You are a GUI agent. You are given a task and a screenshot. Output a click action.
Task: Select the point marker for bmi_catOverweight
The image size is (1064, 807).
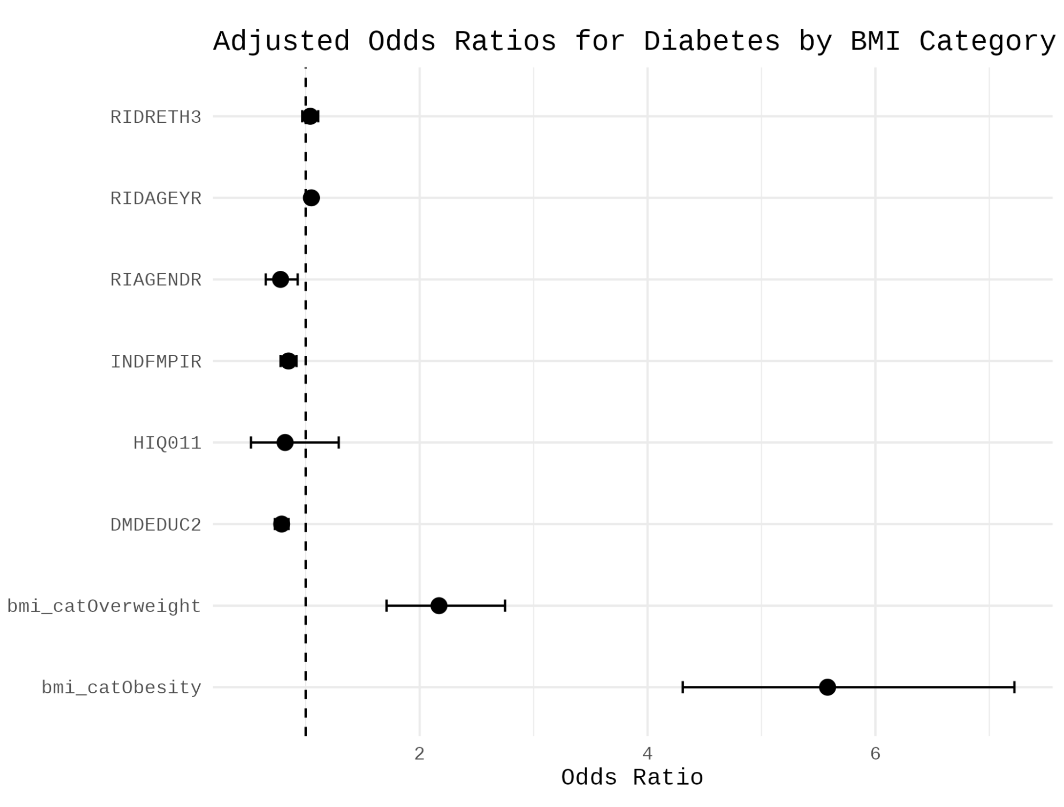(x=439, y=606)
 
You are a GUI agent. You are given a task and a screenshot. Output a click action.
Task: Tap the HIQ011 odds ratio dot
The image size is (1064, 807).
(x=285, y=442)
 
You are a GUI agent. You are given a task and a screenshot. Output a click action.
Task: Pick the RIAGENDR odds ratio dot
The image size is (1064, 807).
(x=281, y=279)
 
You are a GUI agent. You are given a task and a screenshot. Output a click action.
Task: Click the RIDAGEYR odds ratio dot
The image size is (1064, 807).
(x=311, y=197)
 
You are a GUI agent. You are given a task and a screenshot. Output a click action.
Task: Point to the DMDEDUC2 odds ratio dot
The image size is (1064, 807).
(x=282, y=524)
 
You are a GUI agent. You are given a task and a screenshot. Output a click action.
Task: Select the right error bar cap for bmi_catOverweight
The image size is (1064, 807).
(x=505, y=606)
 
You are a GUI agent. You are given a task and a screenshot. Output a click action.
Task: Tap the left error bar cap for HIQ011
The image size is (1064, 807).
(x=250, y=442)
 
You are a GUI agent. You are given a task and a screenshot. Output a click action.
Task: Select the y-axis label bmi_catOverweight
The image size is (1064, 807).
(x=104, y=606)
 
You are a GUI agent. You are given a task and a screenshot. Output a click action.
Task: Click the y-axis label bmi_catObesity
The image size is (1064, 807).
(x=121, y=688)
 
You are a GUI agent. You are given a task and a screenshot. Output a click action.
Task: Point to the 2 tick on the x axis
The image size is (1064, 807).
(x=419, y=754)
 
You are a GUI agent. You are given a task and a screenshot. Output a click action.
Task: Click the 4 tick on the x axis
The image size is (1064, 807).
(x=647, y=754)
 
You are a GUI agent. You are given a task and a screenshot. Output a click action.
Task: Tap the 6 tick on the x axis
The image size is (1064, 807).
(x=875, y=754)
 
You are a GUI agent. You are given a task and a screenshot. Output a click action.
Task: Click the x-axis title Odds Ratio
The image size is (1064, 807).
(x=632, y=778)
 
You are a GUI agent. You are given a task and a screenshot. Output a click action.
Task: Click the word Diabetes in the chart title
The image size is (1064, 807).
(x=711, y=41)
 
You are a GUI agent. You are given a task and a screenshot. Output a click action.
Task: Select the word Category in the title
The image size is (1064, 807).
(x=987, y=41)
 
